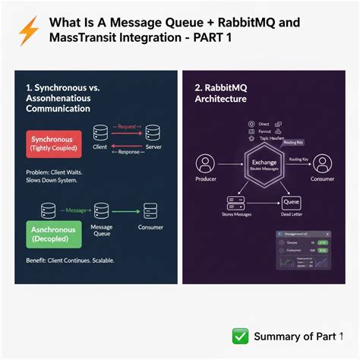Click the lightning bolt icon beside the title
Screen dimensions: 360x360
28,31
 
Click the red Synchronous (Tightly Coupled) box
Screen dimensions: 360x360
58,143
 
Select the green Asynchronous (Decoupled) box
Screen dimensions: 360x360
57,233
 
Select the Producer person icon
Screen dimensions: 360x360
205,164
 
